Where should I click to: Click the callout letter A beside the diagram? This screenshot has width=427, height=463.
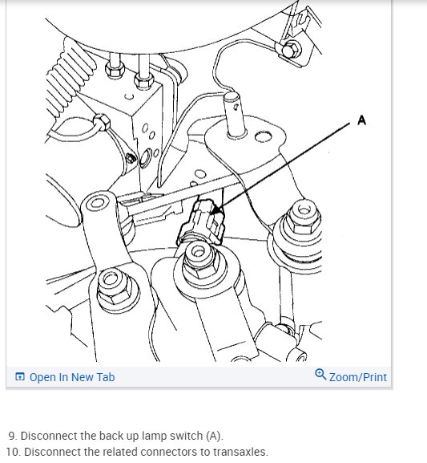pyautogui.click(x=361, y=120)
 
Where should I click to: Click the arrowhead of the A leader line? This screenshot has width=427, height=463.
pyautogui.click(x=217, y=209)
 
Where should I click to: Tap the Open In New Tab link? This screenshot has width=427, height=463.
pyautogui.click(x=72, y=377)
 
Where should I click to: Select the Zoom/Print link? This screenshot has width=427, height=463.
pyautogui.click(x=357, y=377)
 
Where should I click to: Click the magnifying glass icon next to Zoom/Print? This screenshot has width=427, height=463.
pyautogui.click(x=320, y=375)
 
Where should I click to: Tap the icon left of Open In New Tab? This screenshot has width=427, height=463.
pyautogui.click(x=20, y=377)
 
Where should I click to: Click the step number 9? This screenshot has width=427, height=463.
pyautogui.click(x=13, y=436)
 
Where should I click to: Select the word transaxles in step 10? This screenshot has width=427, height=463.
pyautogui.click(x=240, y=452)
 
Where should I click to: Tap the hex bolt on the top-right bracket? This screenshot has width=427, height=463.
pyautogui.click(x=291, y=50)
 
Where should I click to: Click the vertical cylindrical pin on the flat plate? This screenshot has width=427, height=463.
pyautogui.click(x=236, y=115)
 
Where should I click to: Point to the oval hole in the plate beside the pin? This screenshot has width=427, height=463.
pyautogui.click(x=263, y=136)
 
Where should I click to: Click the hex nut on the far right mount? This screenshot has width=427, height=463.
pyautogui.click(x=303, y=217)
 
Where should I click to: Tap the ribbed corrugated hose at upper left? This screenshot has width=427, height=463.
pyautogui.click(x=70, y=79)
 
